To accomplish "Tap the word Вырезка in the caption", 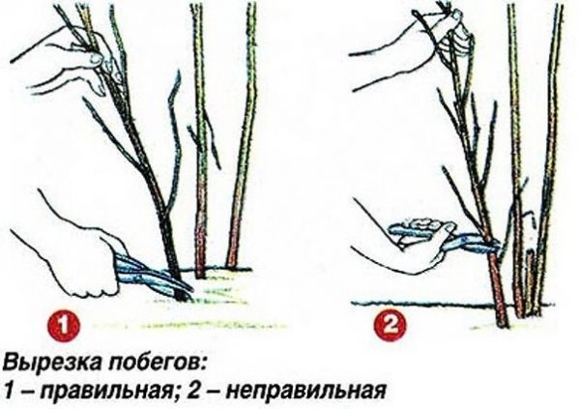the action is pos(54,363).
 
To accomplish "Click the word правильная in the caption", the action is pos(104,391).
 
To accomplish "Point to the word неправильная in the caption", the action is pos(306,391).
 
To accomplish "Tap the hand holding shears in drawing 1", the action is pos(81,259).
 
